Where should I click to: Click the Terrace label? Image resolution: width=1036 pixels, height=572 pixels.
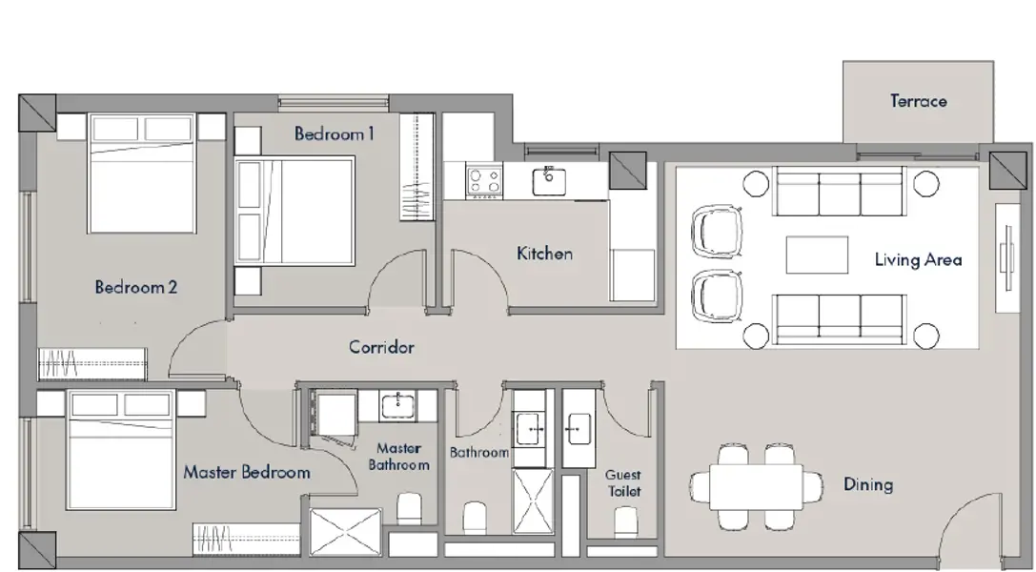[x=919, y=101]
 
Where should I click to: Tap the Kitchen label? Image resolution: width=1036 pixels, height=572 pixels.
[x=544, y=254]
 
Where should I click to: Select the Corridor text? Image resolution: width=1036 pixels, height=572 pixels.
[x=381, y=347]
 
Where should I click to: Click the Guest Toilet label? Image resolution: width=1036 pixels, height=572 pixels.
[x=623, y=482]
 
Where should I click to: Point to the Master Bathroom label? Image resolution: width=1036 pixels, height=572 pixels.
[x=398, y=457]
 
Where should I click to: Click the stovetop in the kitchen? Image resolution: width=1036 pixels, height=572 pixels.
[x=483, y=181]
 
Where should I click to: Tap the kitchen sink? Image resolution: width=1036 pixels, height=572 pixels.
[x=549, y=181]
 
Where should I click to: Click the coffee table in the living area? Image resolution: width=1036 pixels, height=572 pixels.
[x=817, y=255]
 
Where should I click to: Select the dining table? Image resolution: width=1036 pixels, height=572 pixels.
[x=757, y=487]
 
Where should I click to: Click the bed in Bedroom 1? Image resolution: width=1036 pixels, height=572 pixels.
[x=295, y=211]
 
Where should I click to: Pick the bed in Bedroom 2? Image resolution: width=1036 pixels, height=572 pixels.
[x=142, y=174]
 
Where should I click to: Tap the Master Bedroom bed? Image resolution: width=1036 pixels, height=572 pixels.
[x=121, y=450]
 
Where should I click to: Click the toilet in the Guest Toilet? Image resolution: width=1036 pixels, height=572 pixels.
[x=625, y=521]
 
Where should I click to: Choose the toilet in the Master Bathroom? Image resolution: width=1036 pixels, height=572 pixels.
[x=409, y=508]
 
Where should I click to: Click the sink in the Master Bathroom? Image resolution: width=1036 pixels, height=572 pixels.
[x=397, y=405]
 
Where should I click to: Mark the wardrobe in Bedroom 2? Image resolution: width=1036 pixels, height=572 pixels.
[x=91, y=364]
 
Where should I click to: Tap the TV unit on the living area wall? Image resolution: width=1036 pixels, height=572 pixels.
[x=1007, y=257]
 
